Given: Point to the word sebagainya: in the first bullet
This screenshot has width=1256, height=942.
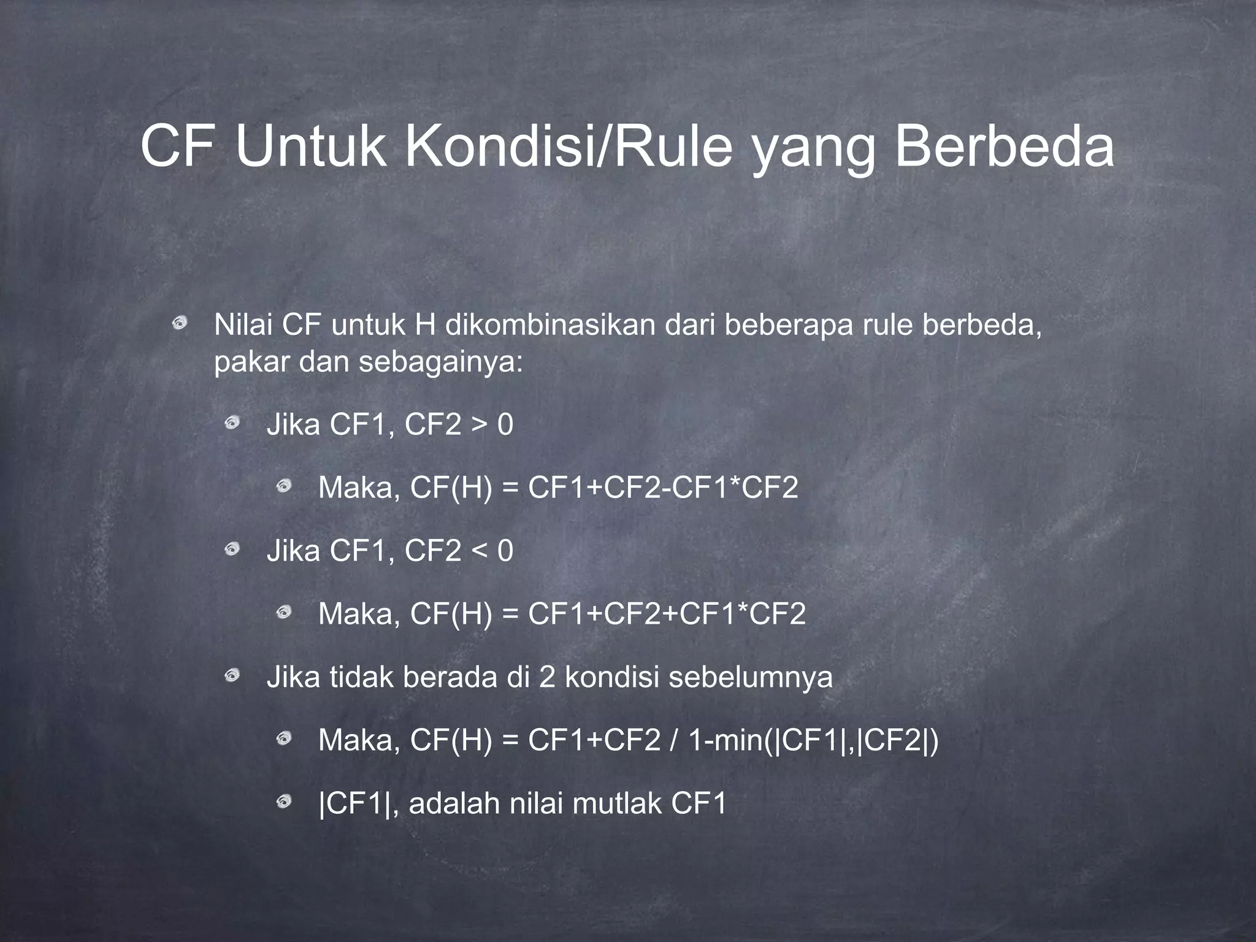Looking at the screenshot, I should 441,362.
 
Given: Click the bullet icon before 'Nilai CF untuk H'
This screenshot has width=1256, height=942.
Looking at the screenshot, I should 180,322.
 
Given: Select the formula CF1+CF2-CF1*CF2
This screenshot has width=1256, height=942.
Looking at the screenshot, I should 663,488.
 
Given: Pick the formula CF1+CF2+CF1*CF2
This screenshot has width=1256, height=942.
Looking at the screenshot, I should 667,614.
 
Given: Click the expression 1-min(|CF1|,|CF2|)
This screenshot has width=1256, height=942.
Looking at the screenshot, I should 813,740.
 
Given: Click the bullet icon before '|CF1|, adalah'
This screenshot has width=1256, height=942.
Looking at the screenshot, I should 283,801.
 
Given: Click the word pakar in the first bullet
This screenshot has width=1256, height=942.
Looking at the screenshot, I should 251,362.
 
